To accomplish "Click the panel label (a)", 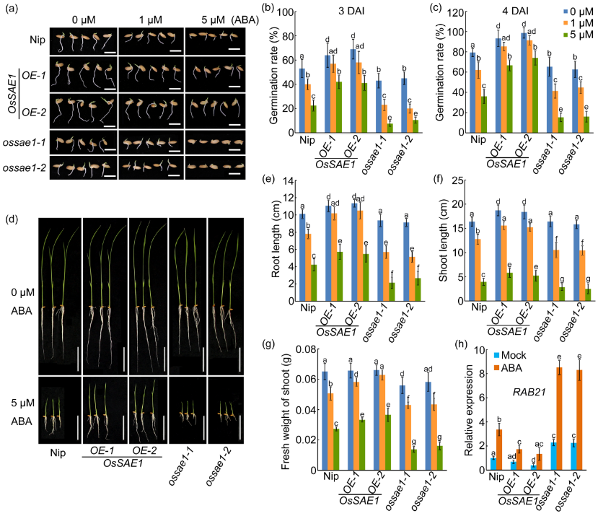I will [x=12, y=9].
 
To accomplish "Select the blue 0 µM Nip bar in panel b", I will [x=302, y=99].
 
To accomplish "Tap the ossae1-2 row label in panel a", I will [x=27, y=167].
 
